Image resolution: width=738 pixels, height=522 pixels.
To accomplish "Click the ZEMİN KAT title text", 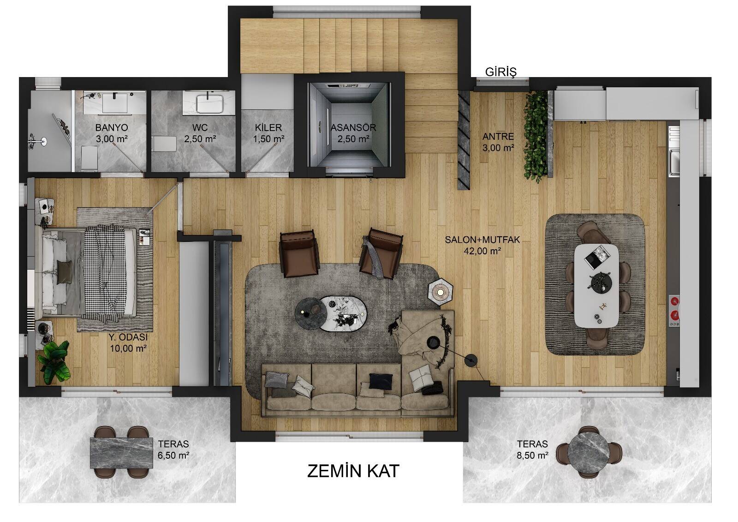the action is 353,471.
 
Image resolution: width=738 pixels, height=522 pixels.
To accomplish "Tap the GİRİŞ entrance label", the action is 501,72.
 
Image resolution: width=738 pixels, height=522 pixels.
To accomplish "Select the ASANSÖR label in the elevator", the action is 353,127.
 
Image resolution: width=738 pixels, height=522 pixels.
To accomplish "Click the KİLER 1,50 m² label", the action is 268,133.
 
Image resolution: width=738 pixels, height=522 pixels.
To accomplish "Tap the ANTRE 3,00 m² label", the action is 498,142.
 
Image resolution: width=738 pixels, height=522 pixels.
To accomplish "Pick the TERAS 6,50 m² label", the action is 173,450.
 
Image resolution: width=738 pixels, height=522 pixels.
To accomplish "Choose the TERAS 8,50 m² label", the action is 532,450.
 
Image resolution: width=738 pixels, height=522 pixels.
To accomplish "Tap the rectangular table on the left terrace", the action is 122,453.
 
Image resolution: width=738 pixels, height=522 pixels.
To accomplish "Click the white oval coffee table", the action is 343,313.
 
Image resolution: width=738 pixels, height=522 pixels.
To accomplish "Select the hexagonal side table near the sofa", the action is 440,290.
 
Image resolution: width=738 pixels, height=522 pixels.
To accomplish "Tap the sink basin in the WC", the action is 210,103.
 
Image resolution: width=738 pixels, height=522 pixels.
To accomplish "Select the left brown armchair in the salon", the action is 299,253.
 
